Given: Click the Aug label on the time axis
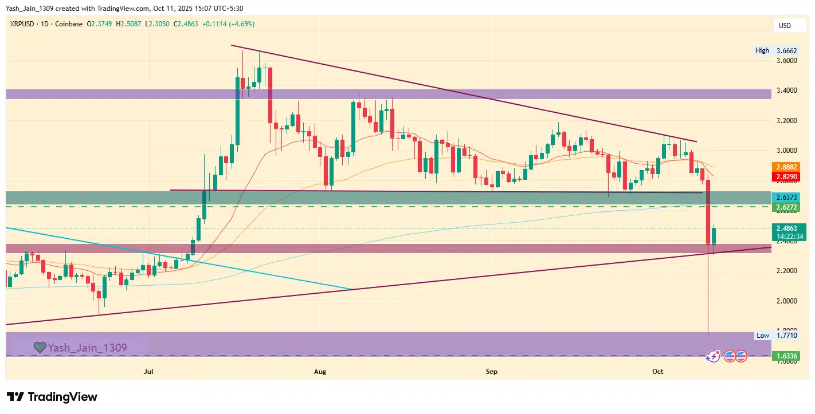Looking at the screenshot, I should pyautogui.click(x=320, y=372).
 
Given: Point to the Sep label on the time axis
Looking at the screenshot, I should pyautogui.click(x=491, y=372).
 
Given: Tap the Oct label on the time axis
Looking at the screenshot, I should pyautogui.click(x=657, y=372).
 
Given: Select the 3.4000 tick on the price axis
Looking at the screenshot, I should pyautogui.click(x=786, y=90).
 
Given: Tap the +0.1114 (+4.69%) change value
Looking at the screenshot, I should pyautogui.click(x=226, y=24).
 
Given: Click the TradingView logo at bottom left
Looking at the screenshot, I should pyautogui.click(x=52, y=397).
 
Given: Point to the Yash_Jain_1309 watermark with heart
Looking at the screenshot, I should pyautogui.click(x=80, y=348).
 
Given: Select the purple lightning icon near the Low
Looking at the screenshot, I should pyautogui.click(x=712, y=356).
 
